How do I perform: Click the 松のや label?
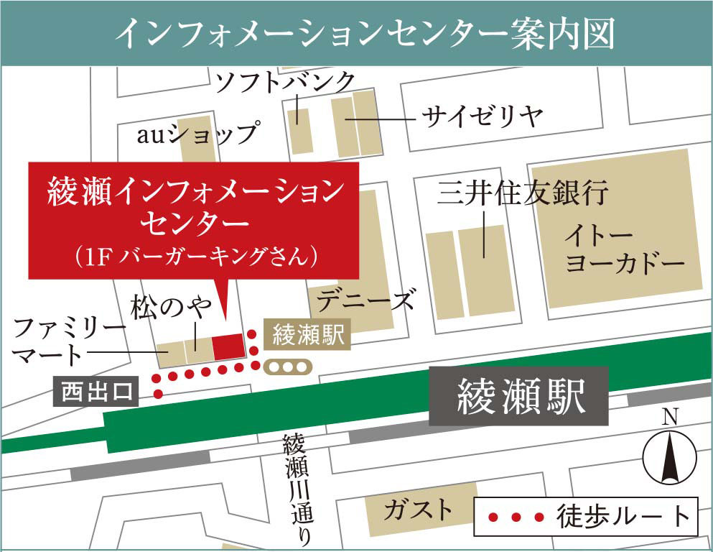171,308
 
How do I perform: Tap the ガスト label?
418,510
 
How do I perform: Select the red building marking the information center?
228,346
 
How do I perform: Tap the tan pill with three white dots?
286,367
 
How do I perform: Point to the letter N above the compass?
670,417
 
